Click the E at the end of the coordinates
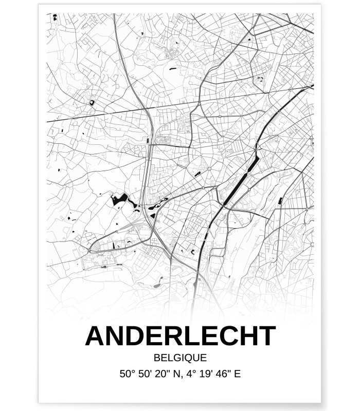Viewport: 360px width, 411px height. coord(237,373)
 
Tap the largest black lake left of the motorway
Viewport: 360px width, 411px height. coord(119,199)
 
